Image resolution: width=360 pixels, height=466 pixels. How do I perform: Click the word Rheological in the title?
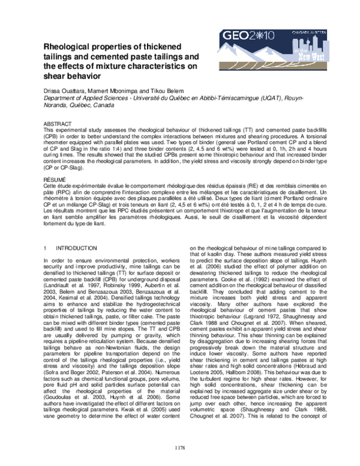[65, 47]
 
